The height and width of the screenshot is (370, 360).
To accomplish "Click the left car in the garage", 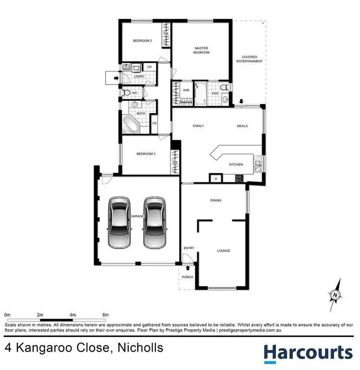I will pos(120,222).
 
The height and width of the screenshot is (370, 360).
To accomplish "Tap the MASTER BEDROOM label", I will pos(202,50).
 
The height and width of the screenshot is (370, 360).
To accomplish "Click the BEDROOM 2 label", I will pos(143,41).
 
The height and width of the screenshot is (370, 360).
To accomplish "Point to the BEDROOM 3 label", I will pos(146,154).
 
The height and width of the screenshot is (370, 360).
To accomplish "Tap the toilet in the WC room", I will pos(126,93).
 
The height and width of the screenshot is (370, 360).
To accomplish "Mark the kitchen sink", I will pos(258,166).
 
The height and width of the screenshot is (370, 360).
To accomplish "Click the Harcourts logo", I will pos(308,352).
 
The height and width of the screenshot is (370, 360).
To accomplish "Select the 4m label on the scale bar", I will pos(73,314).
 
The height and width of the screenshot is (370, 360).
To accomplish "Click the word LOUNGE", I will pos(223,251).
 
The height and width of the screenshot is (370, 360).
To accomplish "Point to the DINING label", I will pos(216,200).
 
